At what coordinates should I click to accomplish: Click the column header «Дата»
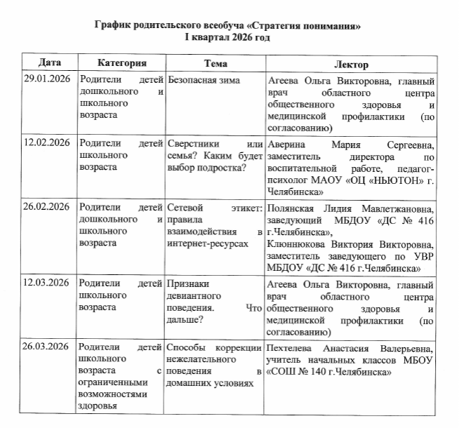click(x=48, y=63)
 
